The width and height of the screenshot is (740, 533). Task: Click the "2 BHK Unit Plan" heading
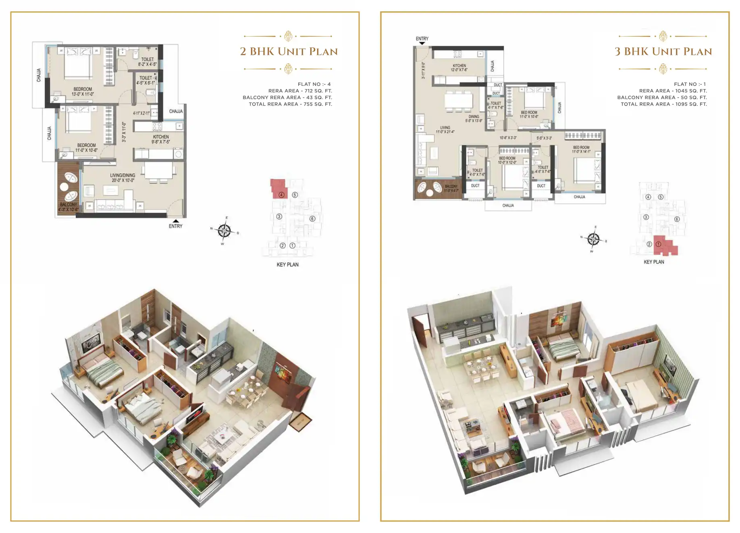coord(289,52)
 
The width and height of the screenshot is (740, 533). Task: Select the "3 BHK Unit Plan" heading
coord(663,52)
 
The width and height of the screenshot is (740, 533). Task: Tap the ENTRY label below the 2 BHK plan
coord(175,226)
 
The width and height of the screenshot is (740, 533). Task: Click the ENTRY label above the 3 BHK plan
coord(422,39)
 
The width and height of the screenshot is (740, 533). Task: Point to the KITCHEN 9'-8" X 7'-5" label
coord(161,139)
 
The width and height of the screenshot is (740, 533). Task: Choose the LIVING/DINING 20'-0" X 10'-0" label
coord(123,178)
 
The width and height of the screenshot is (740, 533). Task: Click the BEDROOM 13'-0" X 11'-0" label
coord(83,91)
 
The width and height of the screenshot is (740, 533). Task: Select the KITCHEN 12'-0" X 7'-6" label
coord(459,68)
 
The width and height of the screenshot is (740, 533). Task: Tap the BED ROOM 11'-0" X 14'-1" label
coord(581,149)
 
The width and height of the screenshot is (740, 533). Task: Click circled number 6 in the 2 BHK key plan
coord(312,219)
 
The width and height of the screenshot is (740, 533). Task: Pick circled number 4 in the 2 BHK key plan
coord(281,195)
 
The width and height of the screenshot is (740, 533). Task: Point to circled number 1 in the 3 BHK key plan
coord(659,244)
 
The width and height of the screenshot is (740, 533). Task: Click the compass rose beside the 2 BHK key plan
coord(224,231)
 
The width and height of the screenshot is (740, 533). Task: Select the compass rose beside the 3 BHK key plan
coord(593,239)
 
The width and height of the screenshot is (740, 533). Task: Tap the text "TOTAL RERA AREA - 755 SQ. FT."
coord(290,104)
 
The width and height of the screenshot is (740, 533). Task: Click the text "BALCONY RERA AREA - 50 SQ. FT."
coord(662,97)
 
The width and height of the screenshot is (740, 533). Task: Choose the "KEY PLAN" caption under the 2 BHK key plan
coord(287,265)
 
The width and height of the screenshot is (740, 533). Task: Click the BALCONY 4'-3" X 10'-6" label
coord(68,207)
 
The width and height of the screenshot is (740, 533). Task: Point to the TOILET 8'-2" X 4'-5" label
coord(147,62)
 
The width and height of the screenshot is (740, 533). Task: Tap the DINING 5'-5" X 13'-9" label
coord(474,118)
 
